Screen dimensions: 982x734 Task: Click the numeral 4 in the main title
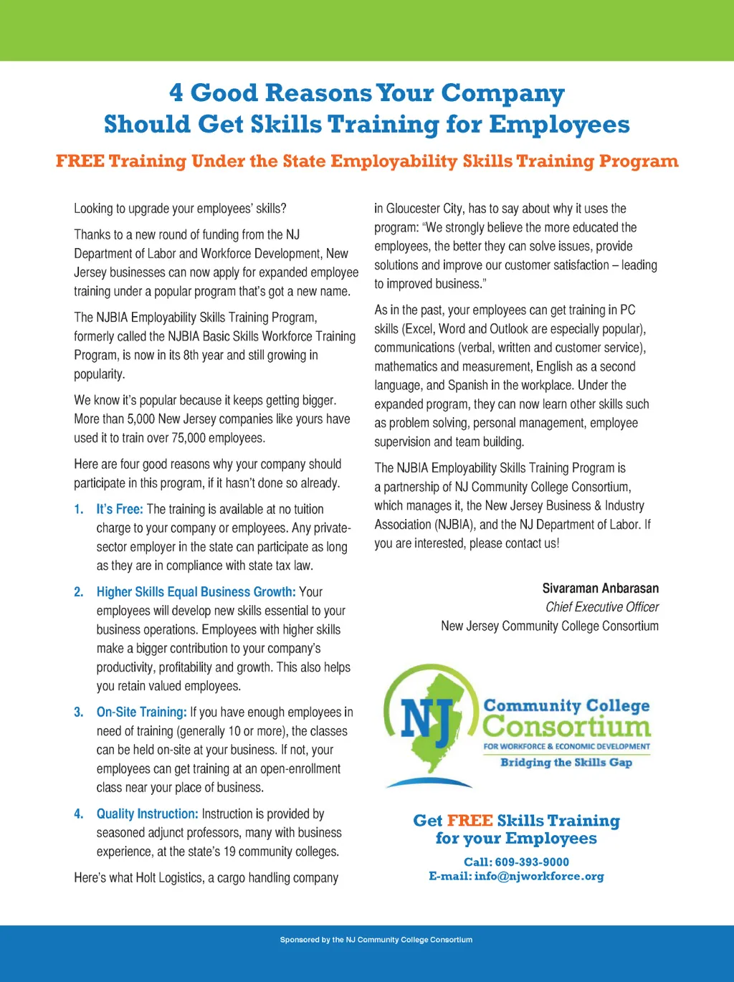pyautogui.click(x=176, y=92)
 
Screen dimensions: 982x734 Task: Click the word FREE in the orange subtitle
pyautogui.click(x=80, y=161)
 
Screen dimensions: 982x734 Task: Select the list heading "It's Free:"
pyautogui.click(x=120, y=509)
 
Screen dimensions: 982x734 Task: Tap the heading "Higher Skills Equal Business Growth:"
pyautogui.click(x=196, y=592)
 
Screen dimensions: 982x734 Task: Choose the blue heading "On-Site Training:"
pyautogui.click(x=141, y=712)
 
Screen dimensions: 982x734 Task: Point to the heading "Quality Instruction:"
pyautogui.click(x=147, y=814)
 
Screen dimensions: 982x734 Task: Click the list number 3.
pyautogui.click(x=78, y=712)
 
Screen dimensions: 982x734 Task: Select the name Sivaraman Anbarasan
pyautogui.click(x=600, y=588)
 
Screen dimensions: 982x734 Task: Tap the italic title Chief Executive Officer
pyautogui.click(x=602, y=607)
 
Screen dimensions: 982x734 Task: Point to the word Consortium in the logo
pyautogui.click(x=566, y=726)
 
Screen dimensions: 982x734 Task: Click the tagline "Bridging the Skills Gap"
pyautogui.click(x=566, y=763)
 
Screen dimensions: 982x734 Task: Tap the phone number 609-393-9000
pyautogui.click(x=532, y=862)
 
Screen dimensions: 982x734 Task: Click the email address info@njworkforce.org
pyautogui.click(x=539, y=877)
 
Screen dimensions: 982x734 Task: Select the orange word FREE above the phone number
pyautogui.click(x=470, y=821)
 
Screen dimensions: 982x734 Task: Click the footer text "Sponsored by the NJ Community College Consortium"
pyautogui.click(x=376, y=940)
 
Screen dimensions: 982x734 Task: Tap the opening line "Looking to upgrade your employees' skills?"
pyautogui.click(x=180, y=209)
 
